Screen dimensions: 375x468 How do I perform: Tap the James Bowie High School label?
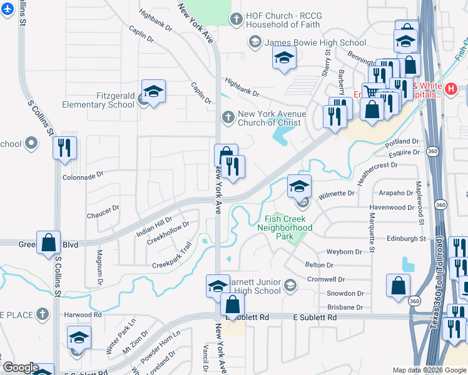(315, 42)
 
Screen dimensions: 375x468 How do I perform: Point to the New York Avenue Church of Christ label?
(272, 118)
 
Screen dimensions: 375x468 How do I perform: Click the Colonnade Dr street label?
(82, 177)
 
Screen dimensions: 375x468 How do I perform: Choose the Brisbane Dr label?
(345, 307)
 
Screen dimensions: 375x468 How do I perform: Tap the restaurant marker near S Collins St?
(64, 149)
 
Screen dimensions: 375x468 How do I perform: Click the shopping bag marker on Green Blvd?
(48, 243)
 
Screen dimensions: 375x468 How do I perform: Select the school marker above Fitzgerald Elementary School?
(153, 91)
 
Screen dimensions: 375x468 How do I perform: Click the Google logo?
(20, 367)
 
